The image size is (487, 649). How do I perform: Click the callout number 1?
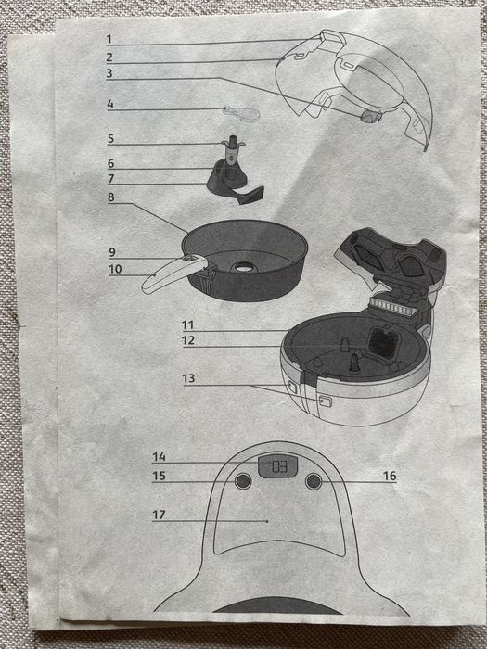109,39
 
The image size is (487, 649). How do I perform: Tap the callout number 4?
109,104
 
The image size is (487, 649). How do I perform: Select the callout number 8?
111,197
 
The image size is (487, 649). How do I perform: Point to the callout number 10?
115,269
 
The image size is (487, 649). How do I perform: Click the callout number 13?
188,378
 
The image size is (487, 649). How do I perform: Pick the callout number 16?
390,476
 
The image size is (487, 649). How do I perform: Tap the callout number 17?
159,515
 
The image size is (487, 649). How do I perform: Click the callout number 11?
188,324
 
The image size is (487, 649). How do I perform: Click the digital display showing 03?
278,466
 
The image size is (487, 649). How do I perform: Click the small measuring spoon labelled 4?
243,113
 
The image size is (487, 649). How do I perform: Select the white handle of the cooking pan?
173,274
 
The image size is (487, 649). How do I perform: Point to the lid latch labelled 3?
371,116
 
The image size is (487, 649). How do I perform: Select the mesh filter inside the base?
383,343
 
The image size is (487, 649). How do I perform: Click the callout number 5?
110,139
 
